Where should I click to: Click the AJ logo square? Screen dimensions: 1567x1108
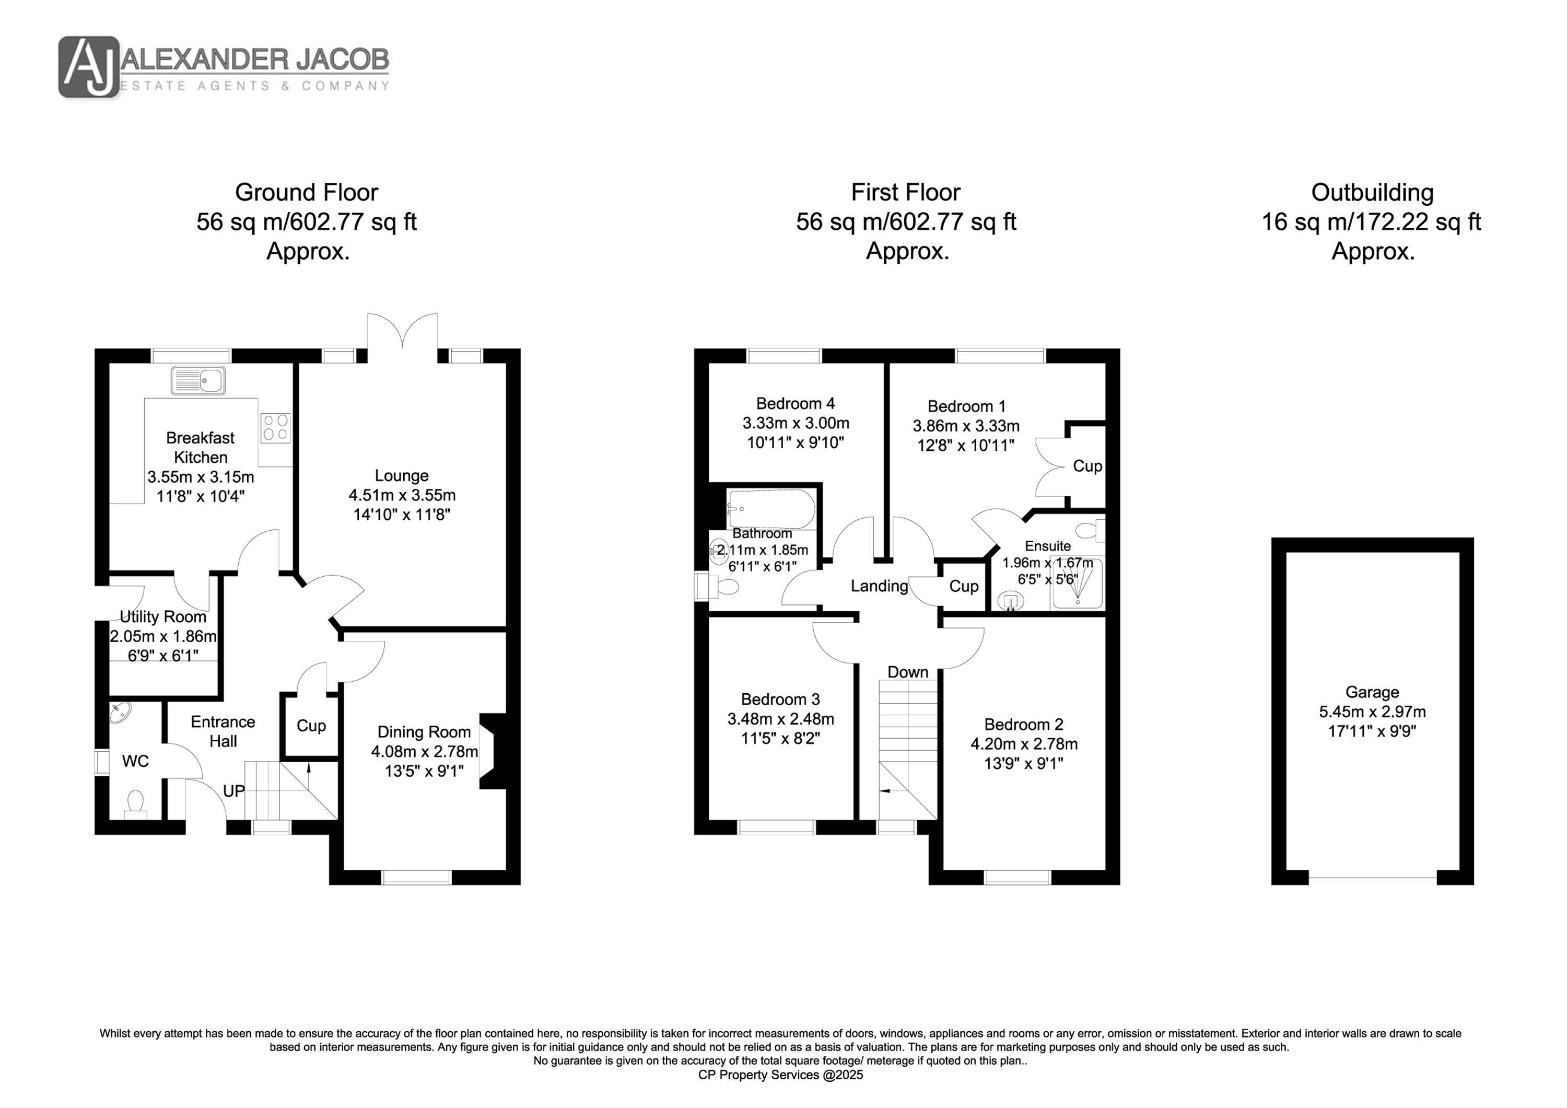pos(89,66)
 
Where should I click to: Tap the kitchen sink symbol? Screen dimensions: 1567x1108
pos(198,380)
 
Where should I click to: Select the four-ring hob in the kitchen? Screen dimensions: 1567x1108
pos(276,428)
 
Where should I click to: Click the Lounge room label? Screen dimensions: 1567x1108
pos(401,475)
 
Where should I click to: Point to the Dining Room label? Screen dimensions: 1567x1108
pos(424,732)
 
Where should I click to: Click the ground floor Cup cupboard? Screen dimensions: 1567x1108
pos(311,726)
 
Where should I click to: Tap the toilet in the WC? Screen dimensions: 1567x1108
pos(135,804)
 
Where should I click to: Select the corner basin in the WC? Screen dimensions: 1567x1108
pos(121,713)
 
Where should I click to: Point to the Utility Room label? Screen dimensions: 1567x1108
pos(162,616)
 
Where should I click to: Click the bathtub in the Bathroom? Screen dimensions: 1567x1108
pos(771,509)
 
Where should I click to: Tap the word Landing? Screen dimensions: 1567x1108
pos(879,586)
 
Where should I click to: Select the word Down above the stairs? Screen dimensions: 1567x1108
pos(908,672)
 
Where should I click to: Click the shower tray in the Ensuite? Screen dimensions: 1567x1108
pos(1077,584)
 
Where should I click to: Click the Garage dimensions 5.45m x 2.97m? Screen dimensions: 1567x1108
pos(1372,712)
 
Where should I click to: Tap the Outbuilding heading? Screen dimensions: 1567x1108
pos(1372,193)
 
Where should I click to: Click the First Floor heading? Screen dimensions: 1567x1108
pos(906,193)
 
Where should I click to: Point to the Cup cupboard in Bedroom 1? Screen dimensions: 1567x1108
pos(1086,466)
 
